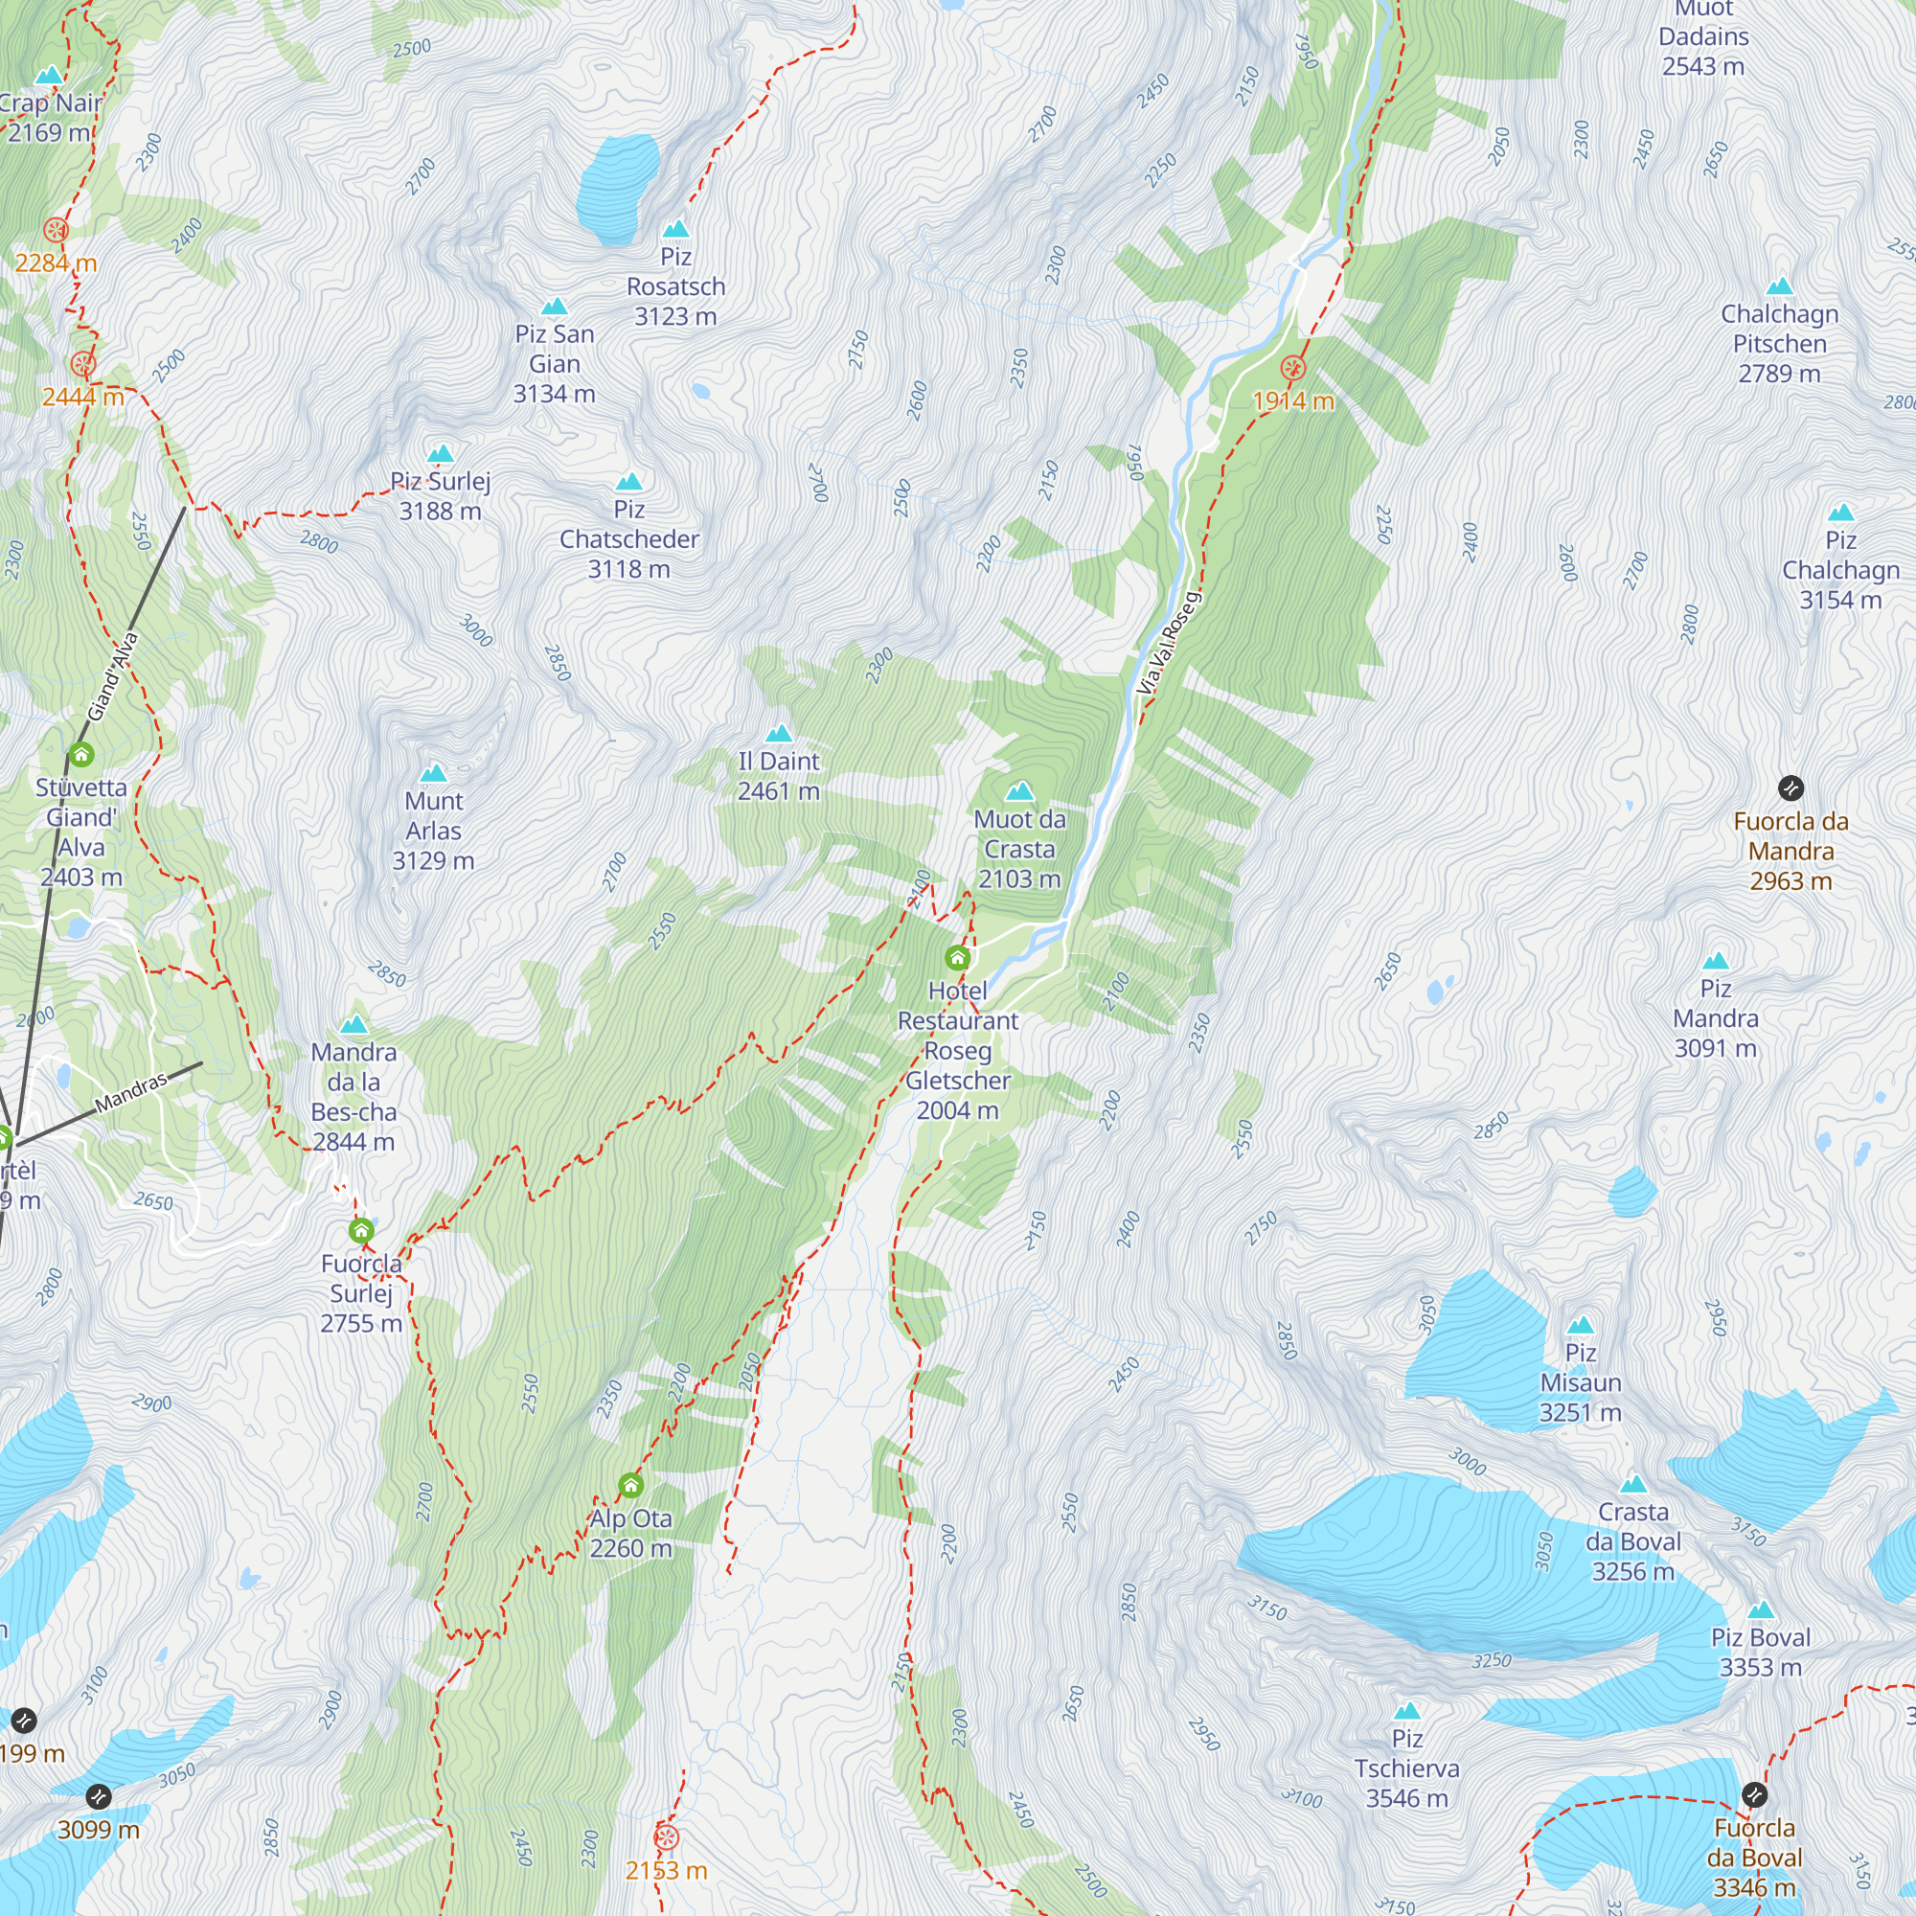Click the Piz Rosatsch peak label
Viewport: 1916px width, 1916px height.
[x=675, y=285]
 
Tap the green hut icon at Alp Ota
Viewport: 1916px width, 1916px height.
[x=630, y=1485]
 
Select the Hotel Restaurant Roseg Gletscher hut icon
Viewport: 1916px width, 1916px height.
[x=957, y=957]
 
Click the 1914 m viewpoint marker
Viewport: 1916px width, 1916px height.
[x=1292, y=369]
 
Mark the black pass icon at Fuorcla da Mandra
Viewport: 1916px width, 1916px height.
[x=1791, y=788]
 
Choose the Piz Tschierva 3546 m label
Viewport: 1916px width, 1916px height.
[x=1406, y=1768]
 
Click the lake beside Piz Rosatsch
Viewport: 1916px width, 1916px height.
[x=618, y=189]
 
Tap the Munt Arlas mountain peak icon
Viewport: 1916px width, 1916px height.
[x=433, y=772]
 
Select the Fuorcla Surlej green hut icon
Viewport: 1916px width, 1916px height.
[x=361, y=1231]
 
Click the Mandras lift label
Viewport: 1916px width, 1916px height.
[x=131, y=1091]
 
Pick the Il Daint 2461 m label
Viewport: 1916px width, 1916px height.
[x=779, y=776]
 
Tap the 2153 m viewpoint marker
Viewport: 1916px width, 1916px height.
[x=667, y=1836]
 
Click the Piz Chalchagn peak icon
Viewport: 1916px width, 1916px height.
[x=1840, y=513]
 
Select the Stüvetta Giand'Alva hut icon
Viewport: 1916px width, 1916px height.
[x=81, y=756]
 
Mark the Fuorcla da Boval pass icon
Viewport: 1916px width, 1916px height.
[x=1754, y=1794]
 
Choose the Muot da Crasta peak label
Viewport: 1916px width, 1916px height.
[x=1019, y=848]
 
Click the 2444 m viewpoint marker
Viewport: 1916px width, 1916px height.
[x=83, y=364]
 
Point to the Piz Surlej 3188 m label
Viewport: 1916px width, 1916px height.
[x=441, y=496]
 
